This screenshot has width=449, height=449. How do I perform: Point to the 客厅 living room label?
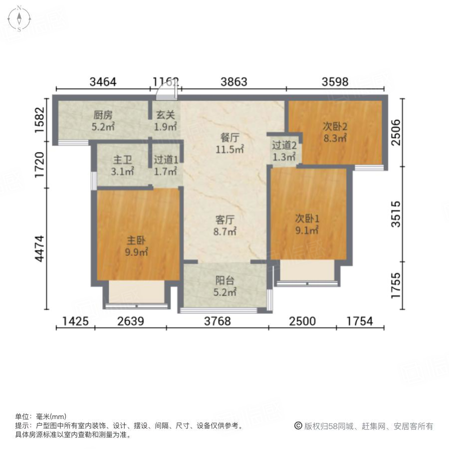pyautogui.click(x=225, y=220)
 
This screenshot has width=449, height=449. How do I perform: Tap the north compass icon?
pyautogui.click(x=19, y=18)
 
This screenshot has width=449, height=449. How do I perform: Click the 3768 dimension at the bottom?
pyautogui.click(x=218, y=321)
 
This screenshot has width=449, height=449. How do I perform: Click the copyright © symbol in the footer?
pyautogui.click(x=298, y=426)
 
